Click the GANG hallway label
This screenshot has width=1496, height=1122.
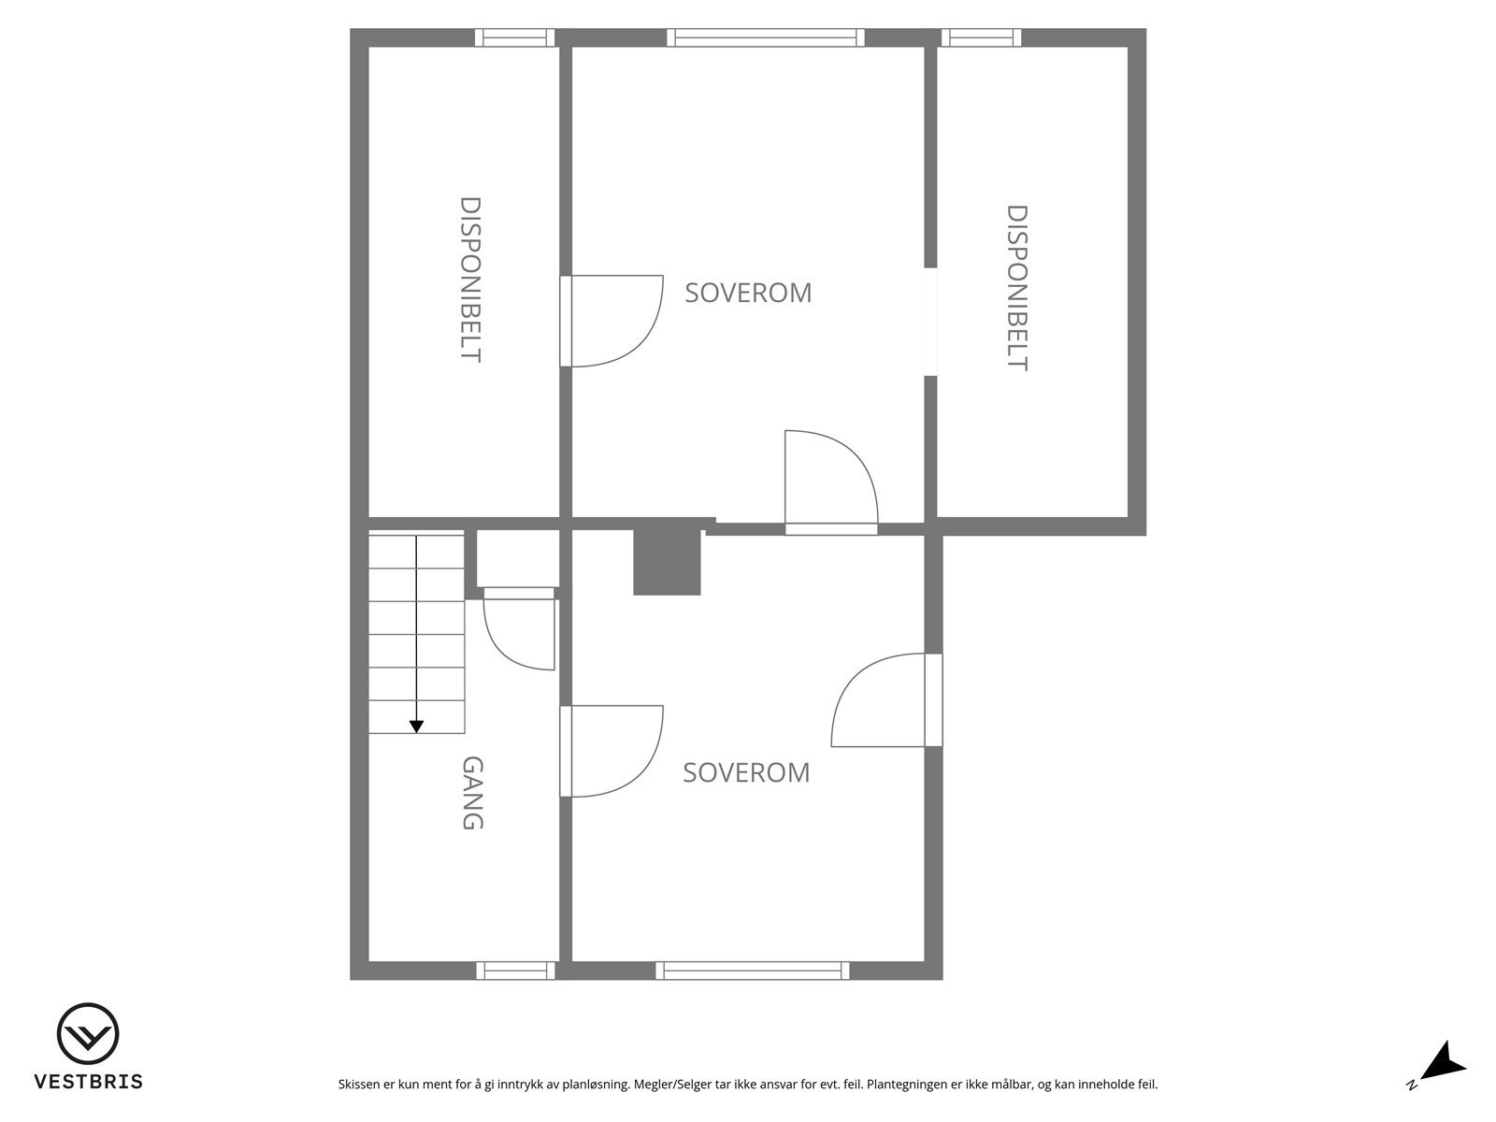(473, 793)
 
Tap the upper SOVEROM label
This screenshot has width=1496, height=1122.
(748, 293)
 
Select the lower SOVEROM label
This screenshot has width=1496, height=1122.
(746, 772)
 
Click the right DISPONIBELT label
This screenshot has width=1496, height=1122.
(1016, 288)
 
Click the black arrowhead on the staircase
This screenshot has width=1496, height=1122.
(417, 726)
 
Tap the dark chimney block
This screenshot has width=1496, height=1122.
(667, 561)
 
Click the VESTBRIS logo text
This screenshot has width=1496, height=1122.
(89, 1082)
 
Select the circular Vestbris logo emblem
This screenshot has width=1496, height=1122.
(88, 1034)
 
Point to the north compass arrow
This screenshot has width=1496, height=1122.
(1444, 1063)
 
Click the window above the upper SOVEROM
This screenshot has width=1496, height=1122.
(766, 37)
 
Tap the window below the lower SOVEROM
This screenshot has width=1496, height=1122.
(753, 971)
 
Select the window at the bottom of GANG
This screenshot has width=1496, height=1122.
(515, 971)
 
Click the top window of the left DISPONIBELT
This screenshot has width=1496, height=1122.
(514, 37)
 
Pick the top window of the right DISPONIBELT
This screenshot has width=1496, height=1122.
(981, 37)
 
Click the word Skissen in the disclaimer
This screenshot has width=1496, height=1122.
(359, 1085)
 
